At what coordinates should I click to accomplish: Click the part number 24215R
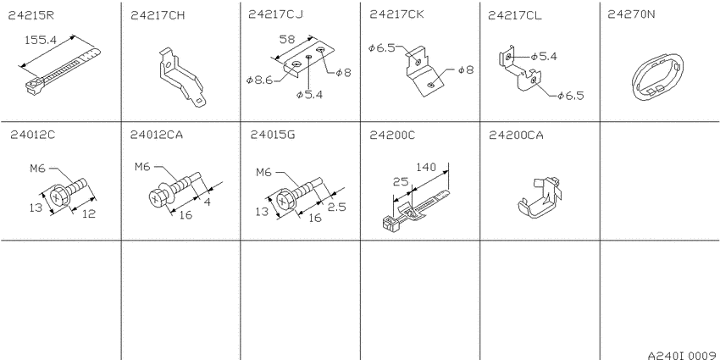[31, 15]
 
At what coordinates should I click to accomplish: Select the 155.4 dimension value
[41, 40]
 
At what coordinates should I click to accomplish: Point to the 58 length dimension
[286, 40]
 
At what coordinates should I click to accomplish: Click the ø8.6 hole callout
[259, 80]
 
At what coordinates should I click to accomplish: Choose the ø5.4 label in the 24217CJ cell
[309, 95]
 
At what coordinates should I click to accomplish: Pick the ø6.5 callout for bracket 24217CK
[381, 47]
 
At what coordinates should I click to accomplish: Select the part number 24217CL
[514, 15]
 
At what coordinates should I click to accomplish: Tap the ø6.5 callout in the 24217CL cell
[571, 96]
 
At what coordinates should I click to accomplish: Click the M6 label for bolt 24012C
[37, 169]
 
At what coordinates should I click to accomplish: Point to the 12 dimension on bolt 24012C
[89, 213]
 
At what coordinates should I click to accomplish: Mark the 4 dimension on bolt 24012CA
[207, 202]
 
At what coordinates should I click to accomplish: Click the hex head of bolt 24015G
[283, 201]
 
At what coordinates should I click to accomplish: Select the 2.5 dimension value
[336, 207]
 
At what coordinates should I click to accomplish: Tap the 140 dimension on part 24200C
[426, 167]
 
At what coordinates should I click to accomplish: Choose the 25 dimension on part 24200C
[401, 182]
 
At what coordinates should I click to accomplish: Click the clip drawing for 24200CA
[540, 197]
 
